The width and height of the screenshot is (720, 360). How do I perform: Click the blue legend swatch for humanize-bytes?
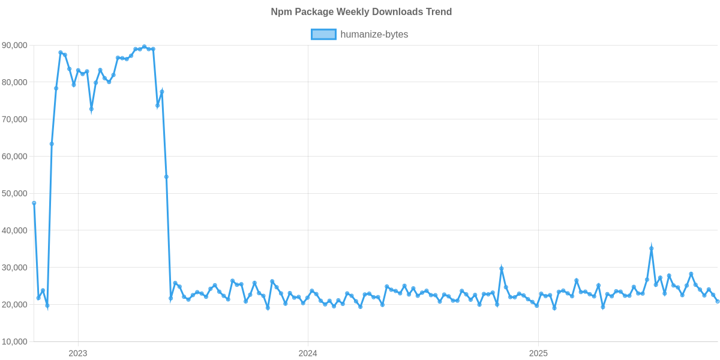pyautogui.click(x=323, y=35)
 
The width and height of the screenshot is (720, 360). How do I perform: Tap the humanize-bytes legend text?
pyautogui.click(x=374, y=35)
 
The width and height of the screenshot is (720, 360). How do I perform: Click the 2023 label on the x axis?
pyautogui.click(x=78, y=353)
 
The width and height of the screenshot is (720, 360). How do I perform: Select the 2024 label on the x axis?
pyautogui.click(x=308, y=353)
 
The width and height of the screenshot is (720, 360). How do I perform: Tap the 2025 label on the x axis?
pyautogui.click(x=538, y=353)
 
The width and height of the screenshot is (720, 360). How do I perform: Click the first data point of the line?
pyautogui.click(x=34, y=203)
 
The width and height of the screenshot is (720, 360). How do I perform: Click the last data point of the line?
pyautogui.click(x=717, y=301)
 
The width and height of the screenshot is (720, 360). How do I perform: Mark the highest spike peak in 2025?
pyautogui.click(x=652, y=248)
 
